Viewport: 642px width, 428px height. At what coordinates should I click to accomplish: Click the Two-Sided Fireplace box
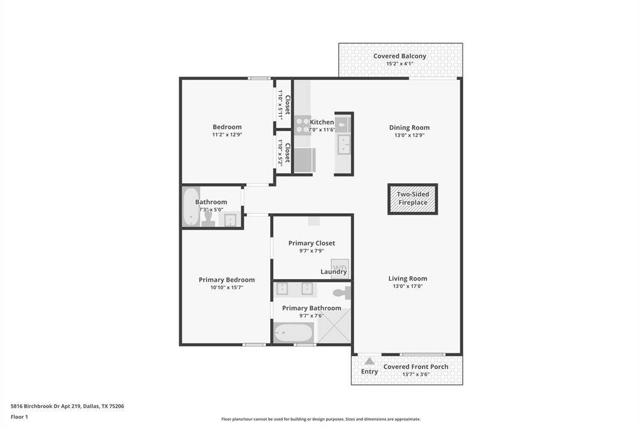(x=413, y=199)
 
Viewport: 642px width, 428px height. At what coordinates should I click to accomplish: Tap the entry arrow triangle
(x=369, y=361)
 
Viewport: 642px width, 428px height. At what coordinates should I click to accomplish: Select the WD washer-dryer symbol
(x=340, y=267)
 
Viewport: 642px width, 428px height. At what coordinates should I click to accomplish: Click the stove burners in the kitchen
(x=303, y=125)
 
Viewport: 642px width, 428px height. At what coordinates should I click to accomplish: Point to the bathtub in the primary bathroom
(x=293, y=333)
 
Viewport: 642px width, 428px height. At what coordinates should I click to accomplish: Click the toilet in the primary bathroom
(x=342, y=292)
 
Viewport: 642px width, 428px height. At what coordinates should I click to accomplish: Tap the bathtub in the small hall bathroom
(x=191, y=206)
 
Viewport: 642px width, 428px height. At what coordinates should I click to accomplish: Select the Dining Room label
(x=409, y=127)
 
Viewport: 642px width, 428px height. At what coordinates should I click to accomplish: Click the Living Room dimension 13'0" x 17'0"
(x=408, y=286)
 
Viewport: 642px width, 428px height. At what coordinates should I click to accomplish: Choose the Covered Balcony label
(x=399, y=56)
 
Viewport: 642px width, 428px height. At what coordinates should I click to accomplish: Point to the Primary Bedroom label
(x=226, y=280)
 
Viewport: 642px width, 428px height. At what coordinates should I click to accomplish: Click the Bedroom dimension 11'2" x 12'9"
(x=227, y=134)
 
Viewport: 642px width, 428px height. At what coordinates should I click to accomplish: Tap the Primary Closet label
(x=312, y=243)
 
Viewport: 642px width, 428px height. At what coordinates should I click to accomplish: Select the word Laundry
(x=334, y=272)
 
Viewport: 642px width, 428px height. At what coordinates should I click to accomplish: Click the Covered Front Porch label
(x=416, y=367)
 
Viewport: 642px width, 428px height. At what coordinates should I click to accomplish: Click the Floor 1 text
(x=19, y=417)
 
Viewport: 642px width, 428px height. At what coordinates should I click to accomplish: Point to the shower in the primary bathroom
(x=334, y=326)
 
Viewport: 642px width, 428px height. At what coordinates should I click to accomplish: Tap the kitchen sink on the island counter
(x=344, y=144)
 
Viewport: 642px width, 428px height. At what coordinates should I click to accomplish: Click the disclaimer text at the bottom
(x=320, y=419)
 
